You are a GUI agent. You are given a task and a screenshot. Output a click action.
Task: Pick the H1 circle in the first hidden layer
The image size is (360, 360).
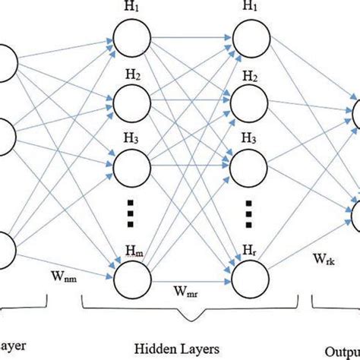(128, 37)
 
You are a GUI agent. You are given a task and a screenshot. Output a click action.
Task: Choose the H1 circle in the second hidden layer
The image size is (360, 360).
(249, 37)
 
